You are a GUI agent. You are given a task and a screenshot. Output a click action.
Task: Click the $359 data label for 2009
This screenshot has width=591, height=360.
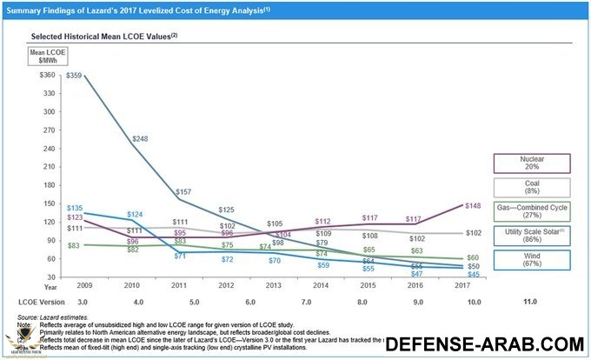[76, 77]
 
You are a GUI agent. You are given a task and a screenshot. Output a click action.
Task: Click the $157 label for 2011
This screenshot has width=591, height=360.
[184, 191]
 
